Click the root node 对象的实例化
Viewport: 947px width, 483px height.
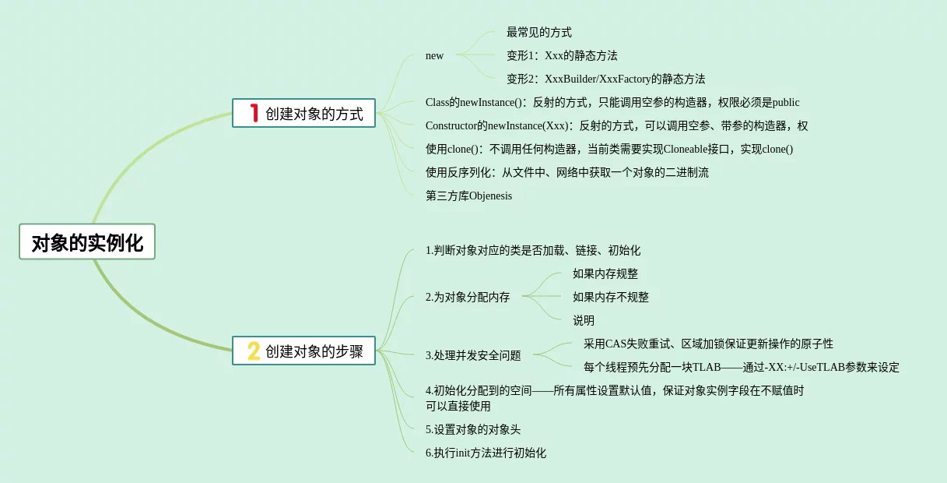(x=87, y=242)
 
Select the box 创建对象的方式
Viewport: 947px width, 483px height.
(x=303, y=114)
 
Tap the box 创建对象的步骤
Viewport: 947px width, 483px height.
(x=303, y=351)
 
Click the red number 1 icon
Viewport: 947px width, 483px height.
(x=253, y=114)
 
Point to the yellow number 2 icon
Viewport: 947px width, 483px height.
(x=254, y=351)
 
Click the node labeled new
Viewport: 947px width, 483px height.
(x=434, y=55)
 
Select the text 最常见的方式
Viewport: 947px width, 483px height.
(x=538, y=32)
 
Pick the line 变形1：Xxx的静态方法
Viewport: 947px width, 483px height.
(x=562, y=55)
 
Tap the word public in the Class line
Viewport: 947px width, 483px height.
(x=786, y=102)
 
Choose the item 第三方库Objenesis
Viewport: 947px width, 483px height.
(x=468, y=196)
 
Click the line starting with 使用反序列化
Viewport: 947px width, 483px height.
(x=566, y=172)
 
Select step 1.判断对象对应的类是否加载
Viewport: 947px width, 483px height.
(x=532, y=250)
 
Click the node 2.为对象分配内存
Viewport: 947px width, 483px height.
(x=468, y=297)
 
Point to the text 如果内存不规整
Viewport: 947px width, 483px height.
(x=610, y=297)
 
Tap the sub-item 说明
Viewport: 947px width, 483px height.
(x=583, y=320)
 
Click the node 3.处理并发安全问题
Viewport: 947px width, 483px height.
(x=473, y=355)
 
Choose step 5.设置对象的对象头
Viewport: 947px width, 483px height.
(x=473, y=429)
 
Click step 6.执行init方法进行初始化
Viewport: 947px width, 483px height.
(x=486, y=453)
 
